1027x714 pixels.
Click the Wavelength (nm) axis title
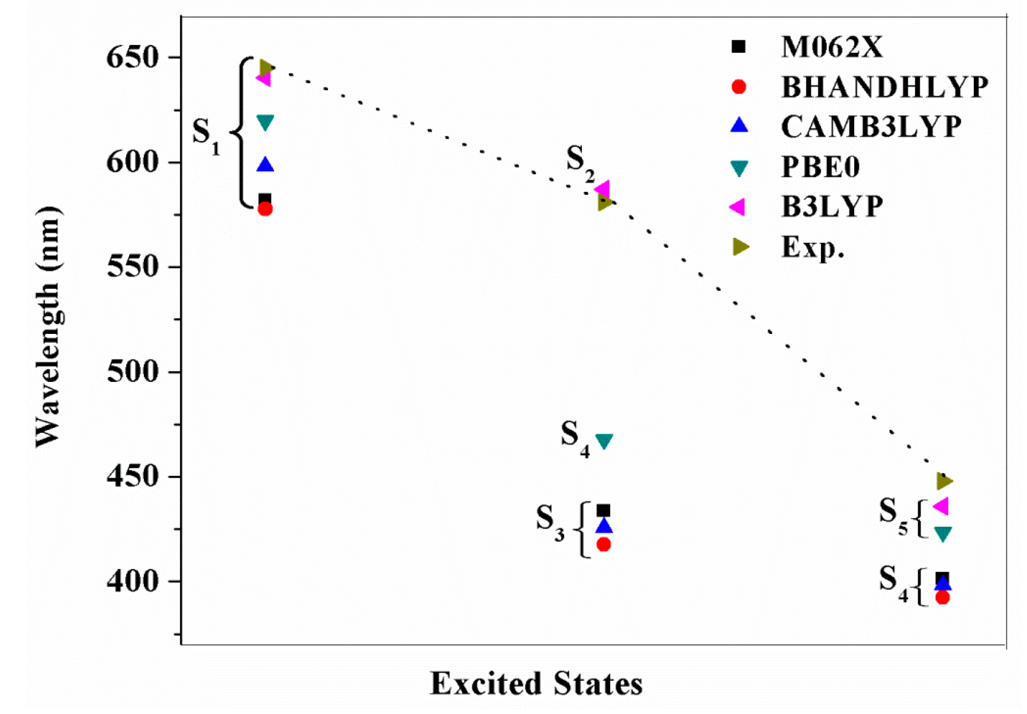point(48,327)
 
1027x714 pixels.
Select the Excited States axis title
point(536,684)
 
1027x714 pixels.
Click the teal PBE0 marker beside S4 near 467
point(604,441)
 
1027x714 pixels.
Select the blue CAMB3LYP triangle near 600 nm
point(265,165)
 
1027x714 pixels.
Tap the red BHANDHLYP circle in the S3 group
point(604,545)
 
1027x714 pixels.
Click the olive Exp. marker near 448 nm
point(944,481)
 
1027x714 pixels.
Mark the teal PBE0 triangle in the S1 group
point(265,123)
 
